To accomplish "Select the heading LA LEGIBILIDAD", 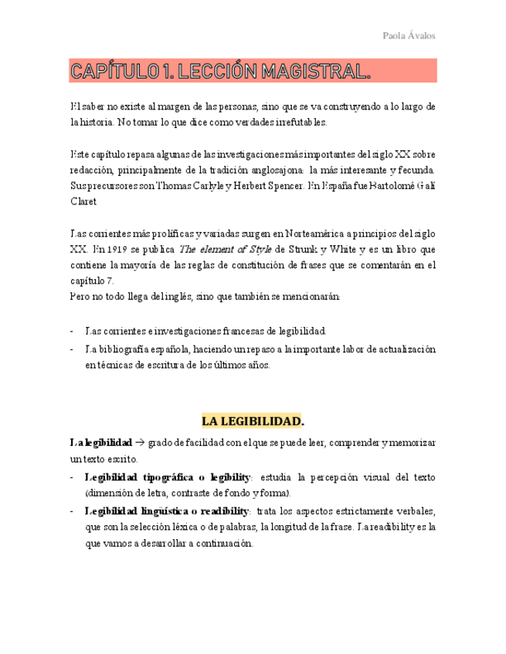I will pos(253,422).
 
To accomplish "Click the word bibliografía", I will pos(127,349).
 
